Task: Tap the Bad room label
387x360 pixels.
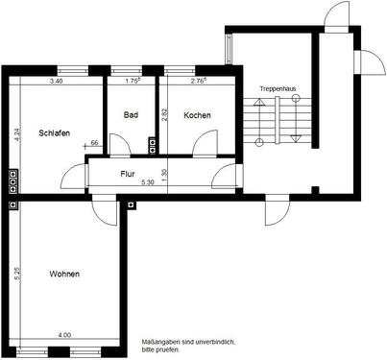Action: pyautogui.click(x=132, y=115)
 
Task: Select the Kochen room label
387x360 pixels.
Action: pyautogui.click(x=197, y=115)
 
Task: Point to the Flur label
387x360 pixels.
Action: pyautogui.click(x=127, y=174)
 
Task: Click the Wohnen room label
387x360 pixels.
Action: pyautogui.click(x=63, y=275)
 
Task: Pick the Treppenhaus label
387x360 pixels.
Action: pyautogui.click(x=278, y=88)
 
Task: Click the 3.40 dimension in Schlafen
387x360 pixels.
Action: pyautogui.click(x=57, y=82)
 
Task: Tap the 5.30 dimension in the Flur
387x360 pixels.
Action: pyautogui.click(x=148, y=182)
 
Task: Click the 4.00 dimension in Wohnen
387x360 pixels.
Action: pyautogui.click(x=63, y=335)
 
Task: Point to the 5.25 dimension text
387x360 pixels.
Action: pyautogui.click(x=15, y=274)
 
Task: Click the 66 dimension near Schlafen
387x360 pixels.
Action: pyautogui.click(x=94, y=143)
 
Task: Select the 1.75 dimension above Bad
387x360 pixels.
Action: pyautogui.click(x=133, y=82)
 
